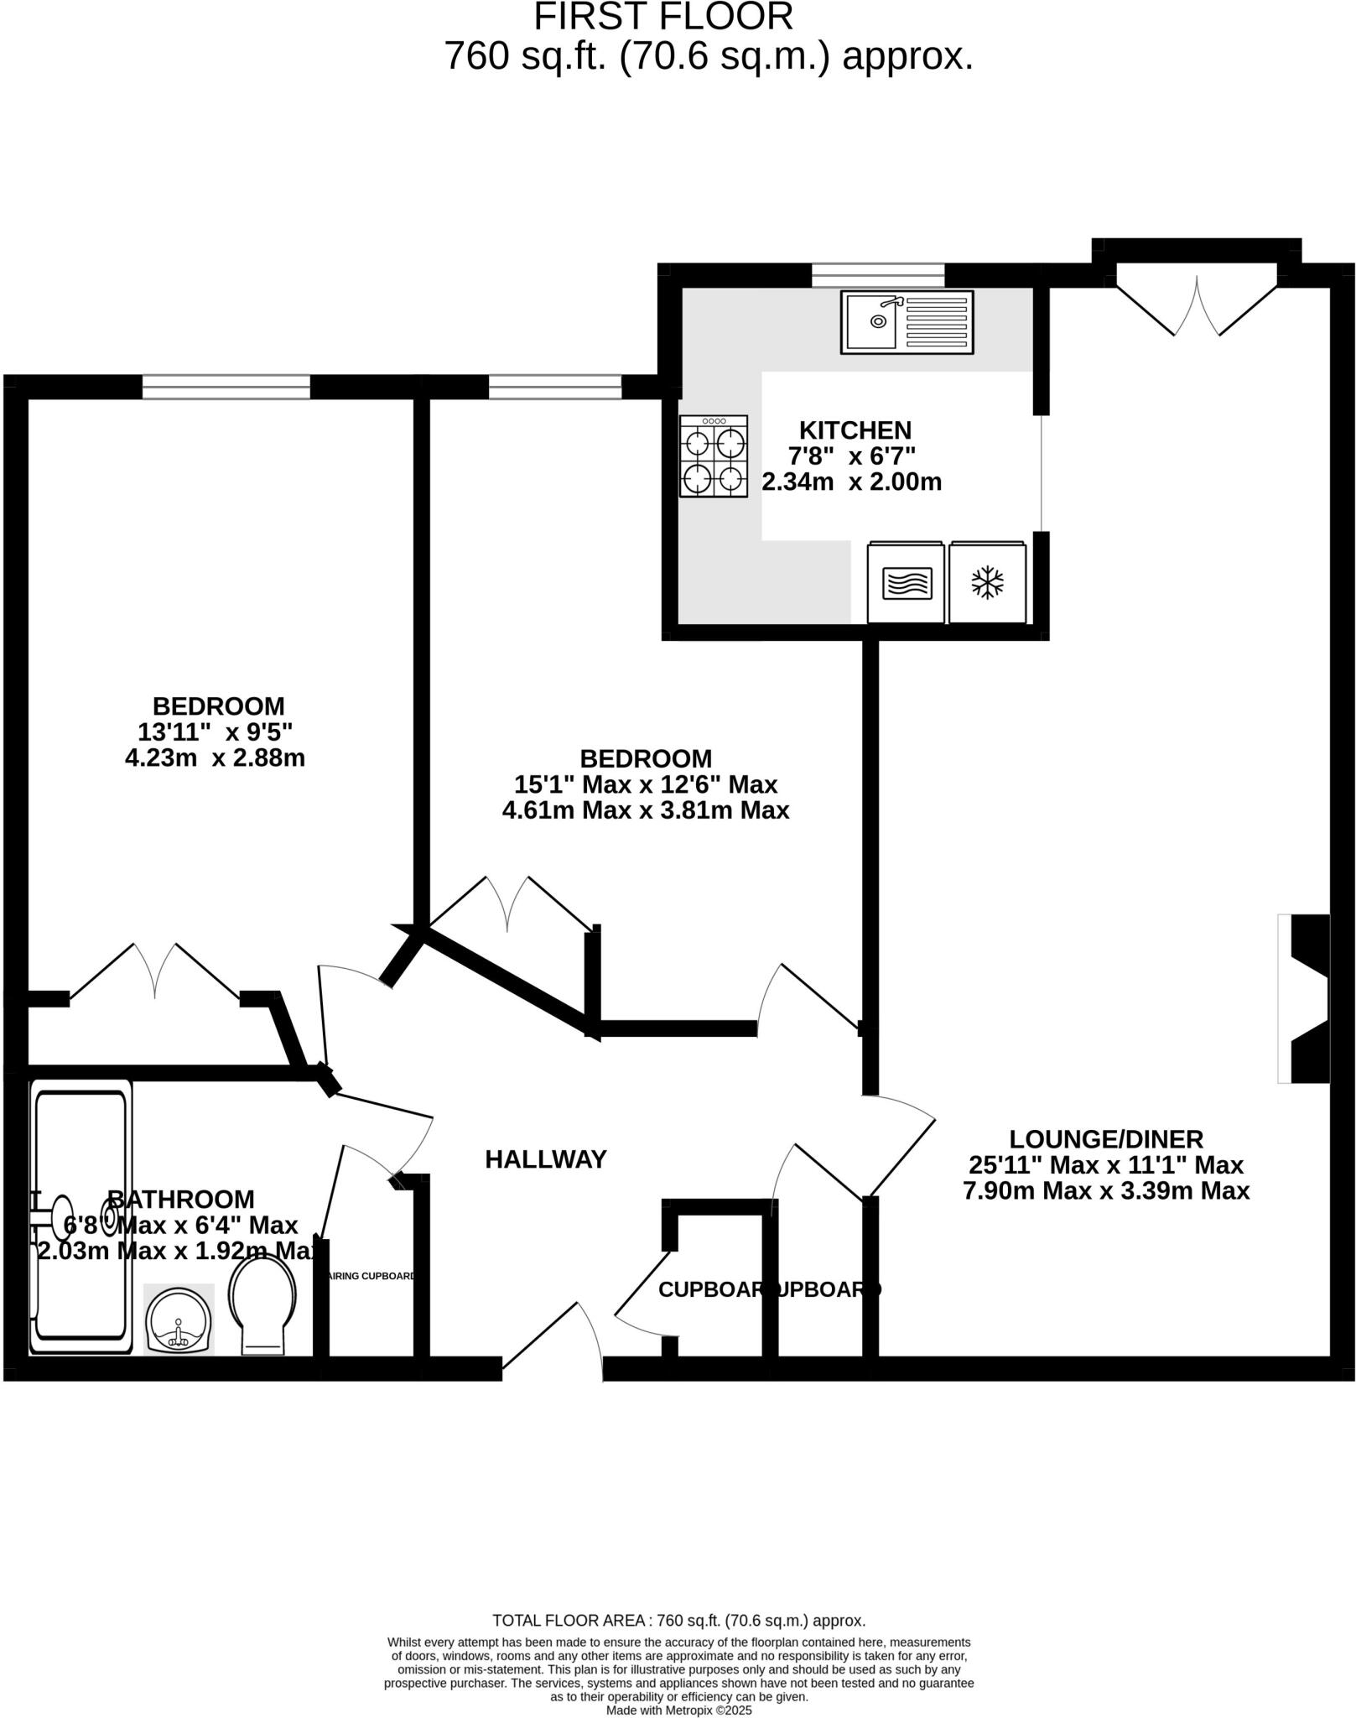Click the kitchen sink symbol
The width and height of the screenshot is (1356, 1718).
point(907,321)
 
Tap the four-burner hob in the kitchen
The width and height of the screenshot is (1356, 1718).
point(714,456)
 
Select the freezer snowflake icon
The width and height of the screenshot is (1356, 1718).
point(987,582)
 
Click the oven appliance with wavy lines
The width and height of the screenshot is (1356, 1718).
point(907,582)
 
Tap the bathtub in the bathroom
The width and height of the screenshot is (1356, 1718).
point(81,1216)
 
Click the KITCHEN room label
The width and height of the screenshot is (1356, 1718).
point(855,430)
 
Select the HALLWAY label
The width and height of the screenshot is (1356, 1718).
point(545,1159)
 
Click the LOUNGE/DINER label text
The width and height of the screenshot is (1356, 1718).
point(1105,1139)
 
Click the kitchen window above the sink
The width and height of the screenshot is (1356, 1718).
point(877,275)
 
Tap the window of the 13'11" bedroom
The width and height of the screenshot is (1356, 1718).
point(226,387)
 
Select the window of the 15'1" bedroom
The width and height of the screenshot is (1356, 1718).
point(554,387)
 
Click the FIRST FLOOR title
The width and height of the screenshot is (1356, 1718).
point(662,17)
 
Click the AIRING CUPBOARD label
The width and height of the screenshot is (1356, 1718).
point(371,1276)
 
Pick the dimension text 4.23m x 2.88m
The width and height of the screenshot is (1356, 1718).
point(215,758)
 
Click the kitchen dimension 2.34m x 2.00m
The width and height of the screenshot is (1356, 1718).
point(851,482)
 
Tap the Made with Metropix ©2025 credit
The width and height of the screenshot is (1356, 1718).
point(678,1710)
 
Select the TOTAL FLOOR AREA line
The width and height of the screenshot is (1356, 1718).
point(678,1621)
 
